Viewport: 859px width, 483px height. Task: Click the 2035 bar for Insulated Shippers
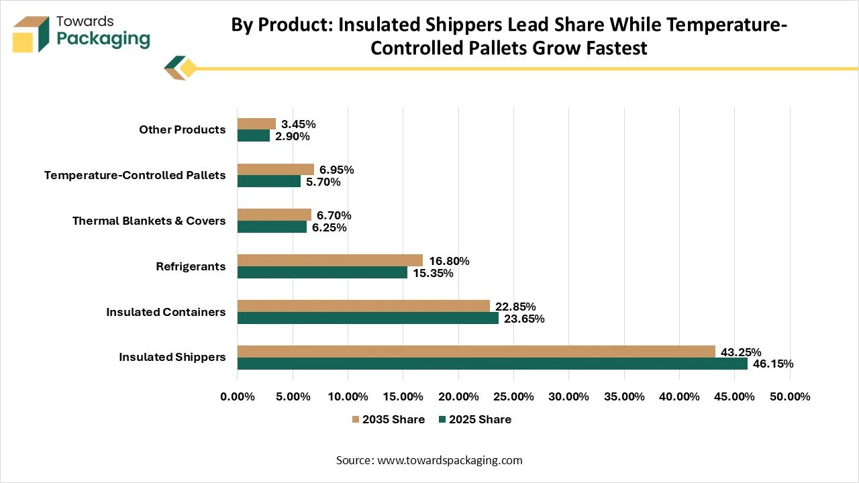click(x=476, y=352)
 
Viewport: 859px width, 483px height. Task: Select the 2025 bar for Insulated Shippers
click(x=493, y=364)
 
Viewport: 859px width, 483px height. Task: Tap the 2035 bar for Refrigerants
click(x=330, y=260)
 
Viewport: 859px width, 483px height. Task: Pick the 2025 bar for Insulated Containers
click(x=368, y=318)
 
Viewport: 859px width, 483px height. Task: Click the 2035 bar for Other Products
click(x=256, y=124)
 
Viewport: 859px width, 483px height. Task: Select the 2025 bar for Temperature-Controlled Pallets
click(x=269, y=181)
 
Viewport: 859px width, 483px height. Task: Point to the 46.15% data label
click(x=773, y=364)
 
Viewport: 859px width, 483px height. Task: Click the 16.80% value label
click(x=449, y=261)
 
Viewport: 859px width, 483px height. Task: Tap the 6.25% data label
click(x=329, y=227)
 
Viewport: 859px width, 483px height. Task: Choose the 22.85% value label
click(x=515, y=307)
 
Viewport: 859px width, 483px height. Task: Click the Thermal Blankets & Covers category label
click(x=149, y=221)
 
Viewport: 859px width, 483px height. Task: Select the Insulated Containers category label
click(x=166, y=312)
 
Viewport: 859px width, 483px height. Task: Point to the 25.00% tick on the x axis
click(x=513, y=396)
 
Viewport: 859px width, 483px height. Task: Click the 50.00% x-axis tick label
click(x=790, y=396)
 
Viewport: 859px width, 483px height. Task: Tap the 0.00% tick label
click(x=238, y=396)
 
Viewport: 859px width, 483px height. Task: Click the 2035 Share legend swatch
click(x=356, y=419)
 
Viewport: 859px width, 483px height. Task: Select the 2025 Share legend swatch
click(x=442, y=419)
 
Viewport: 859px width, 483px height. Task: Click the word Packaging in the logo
click(x=103, y=40)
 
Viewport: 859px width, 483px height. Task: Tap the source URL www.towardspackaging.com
click(x=450, y=460)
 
